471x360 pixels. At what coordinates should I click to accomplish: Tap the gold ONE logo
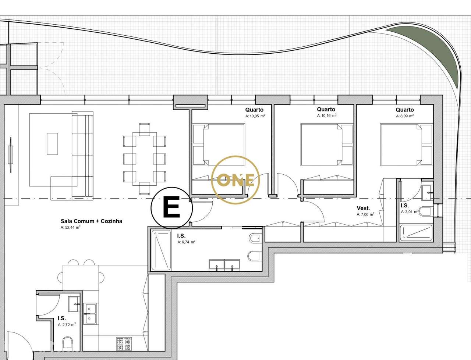[235, 180]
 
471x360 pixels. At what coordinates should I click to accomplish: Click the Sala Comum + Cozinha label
[91, 221]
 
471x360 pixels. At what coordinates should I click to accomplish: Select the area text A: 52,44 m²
[71, 228]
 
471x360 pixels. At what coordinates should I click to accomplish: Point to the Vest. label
[363, 208]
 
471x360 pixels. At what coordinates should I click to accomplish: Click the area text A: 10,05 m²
[255, 116]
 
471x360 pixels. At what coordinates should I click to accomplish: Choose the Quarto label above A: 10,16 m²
[326, 109]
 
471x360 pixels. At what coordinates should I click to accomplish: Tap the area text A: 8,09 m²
[405, 116]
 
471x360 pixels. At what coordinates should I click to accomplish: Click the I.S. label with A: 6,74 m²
[181, 236]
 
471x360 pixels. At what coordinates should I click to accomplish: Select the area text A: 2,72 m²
[67, 325]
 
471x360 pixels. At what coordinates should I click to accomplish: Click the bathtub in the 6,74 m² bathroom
[161, 250]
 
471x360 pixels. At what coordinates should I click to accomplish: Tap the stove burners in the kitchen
[124, 344]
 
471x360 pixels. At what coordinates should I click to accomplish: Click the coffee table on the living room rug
[52, 143]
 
